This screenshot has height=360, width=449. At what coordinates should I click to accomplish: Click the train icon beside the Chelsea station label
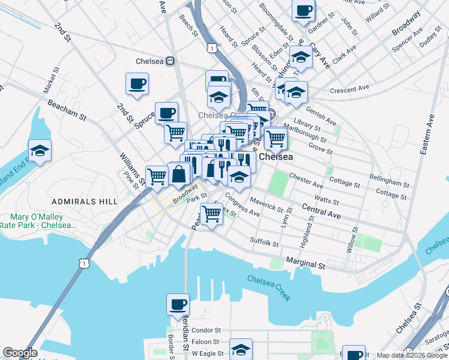click(171, 61)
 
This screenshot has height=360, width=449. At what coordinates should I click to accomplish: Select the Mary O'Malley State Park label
click(43, 221)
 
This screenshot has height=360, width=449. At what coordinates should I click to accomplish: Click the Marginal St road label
click(305, 264)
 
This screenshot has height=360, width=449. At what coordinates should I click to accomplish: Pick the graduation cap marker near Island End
click(40, 151)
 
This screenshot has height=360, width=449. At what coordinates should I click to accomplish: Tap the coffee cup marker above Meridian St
click(178, 304)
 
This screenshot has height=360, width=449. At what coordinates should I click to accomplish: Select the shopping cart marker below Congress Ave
click(211, 213)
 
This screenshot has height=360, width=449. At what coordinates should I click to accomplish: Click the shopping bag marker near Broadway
click(179, 174)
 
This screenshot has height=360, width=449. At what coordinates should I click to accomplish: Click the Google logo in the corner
click(20, 353)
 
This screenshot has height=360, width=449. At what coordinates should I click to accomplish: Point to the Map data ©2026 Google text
click(411, 355)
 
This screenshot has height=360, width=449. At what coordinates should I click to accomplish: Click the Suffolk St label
click(264, 242)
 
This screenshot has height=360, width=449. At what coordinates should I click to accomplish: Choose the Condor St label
click(207, 330)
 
